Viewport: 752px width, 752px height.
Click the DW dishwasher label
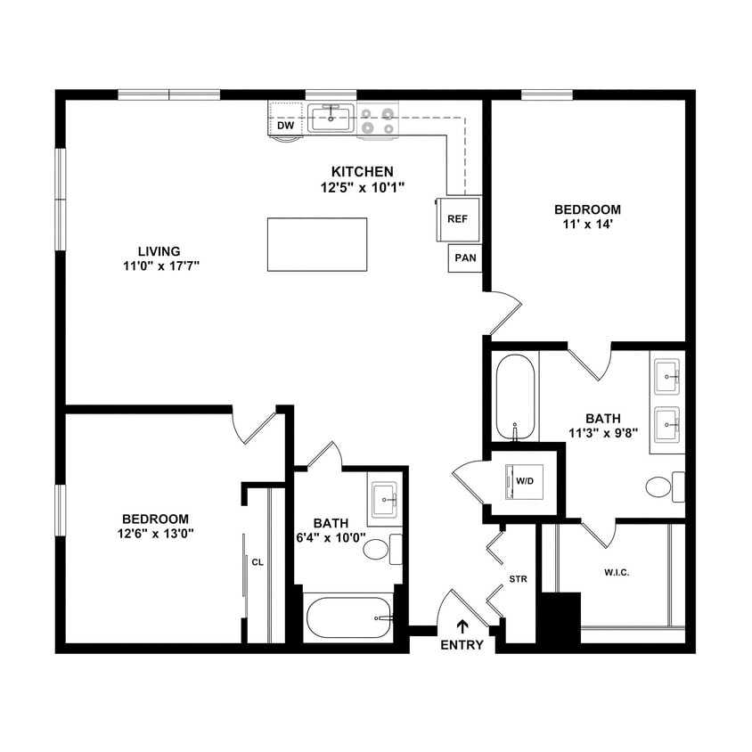coord(285,126)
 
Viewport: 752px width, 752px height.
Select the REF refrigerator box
coord(457,218)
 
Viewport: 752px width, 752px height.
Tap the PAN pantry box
coord(464,258)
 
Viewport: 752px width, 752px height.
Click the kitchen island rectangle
coord(316,244)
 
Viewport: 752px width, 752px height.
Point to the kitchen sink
coord(331,118)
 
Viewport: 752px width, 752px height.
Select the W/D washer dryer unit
coord(525,482)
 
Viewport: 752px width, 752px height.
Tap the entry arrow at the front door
coord(462,626)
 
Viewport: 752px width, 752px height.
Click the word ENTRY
coord(462,645)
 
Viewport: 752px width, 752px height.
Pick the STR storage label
coord(518,580)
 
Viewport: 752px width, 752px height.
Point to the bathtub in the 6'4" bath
coord(348,617)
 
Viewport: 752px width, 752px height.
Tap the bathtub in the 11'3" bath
coord(515,396)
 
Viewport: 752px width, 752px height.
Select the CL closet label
coord(257,562)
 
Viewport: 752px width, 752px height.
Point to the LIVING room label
coord(159,251)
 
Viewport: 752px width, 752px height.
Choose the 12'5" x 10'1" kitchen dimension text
coord(363,187)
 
